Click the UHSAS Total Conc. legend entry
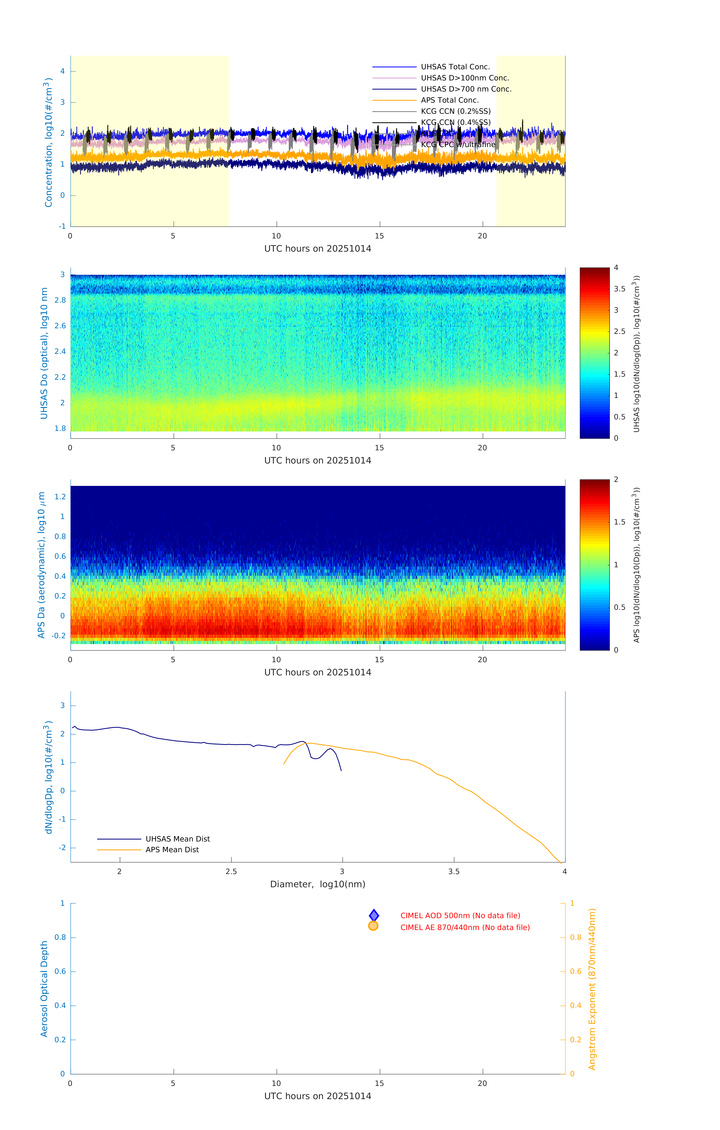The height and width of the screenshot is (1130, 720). pyautogui.click(x=455, y=67)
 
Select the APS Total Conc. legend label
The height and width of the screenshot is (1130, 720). pyautogui.click(x=449, y=100)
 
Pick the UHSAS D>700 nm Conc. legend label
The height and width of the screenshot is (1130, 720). pyautogui.click(x=466, y=89)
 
